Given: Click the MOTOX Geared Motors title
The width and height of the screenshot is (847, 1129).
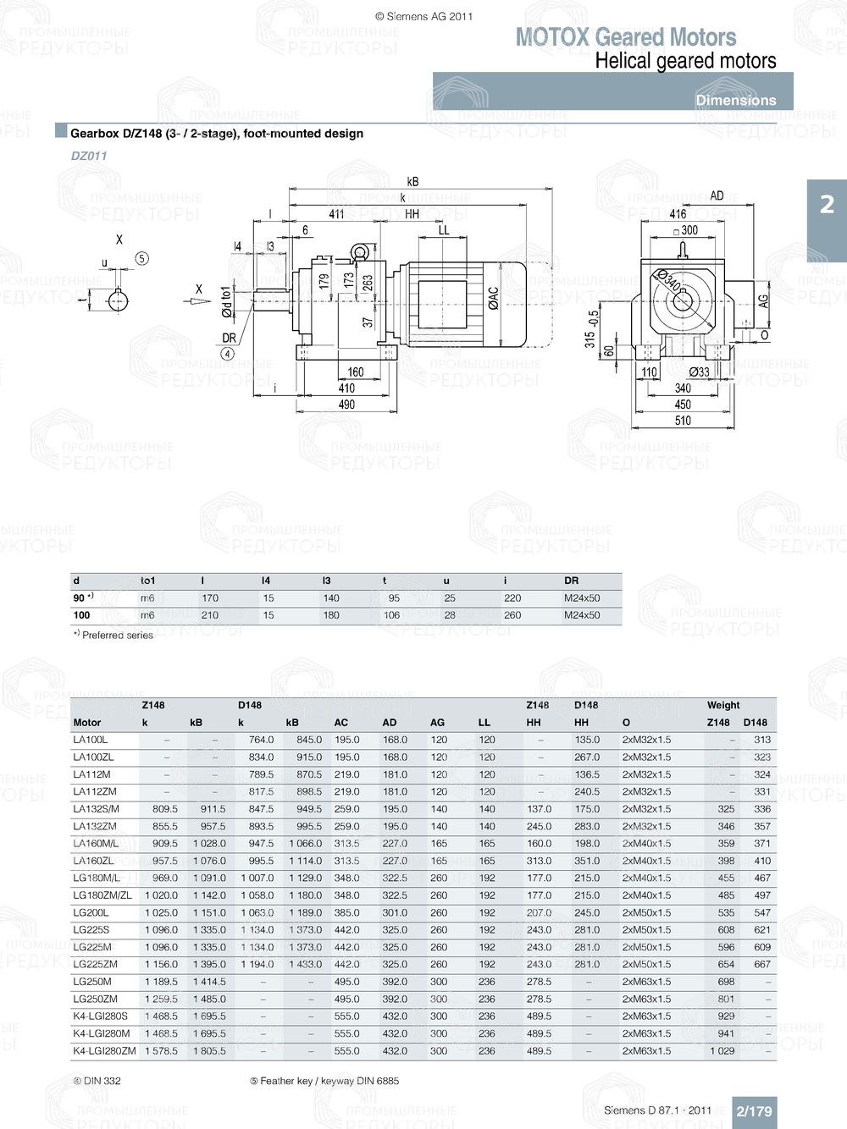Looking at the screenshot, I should [626, 37].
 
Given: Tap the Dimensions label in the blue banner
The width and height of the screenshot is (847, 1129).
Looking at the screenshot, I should [735, 100].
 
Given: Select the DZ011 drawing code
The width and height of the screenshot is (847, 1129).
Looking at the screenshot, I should [89, 156].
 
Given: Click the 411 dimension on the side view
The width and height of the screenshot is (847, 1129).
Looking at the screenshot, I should [336, 214].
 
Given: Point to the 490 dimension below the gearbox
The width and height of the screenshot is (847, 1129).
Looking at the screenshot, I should [346, 405].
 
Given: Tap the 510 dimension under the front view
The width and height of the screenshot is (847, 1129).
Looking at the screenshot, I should [683, 421].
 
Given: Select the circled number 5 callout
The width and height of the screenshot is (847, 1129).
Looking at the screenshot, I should [141, 258].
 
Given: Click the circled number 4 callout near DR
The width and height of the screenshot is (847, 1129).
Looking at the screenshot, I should [228, 354].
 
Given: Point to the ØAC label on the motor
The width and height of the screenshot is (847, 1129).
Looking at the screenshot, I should [493, 298].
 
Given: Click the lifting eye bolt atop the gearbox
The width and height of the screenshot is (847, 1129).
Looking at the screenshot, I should [360, 251].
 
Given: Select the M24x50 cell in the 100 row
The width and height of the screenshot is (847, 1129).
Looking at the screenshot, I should [582, 615].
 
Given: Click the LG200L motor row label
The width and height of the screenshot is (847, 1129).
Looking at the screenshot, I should [91, 912].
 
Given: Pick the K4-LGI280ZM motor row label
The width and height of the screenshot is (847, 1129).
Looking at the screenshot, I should [104, 1050].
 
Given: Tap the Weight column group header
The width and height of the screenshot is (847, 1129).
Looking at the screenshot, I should [723, 705].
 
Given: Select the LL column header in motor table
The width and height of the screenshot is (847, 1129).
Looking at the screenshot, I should [484, 723].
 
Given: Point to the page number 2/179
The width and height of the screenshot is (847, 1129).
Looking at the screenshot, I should [754, 1111].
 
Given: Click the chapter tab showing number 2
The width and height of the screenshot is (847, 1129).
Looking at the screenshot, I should [827, 205].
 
